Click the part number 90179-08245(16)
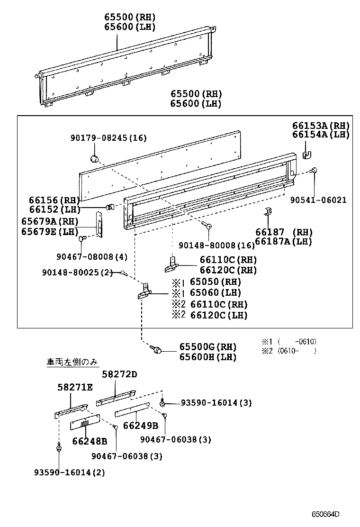click(108, 138)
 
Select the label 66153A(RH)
click(320, 126)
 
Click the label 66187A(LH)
click(283, 241)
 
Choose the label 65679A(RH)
click(50, 221)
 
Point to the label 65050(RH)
click(216, 282)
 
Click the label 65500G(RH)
click(207, 347)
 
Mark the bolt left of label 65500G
click(156, 350)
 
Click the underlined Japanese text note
click(72, 362)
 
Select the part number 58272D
click(120, 374)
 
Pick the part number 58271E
click(75, 387)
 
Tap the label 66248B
click(90, 441)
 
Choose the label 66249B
click(141, 425)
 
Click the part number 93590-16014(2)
click(70, 472)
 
